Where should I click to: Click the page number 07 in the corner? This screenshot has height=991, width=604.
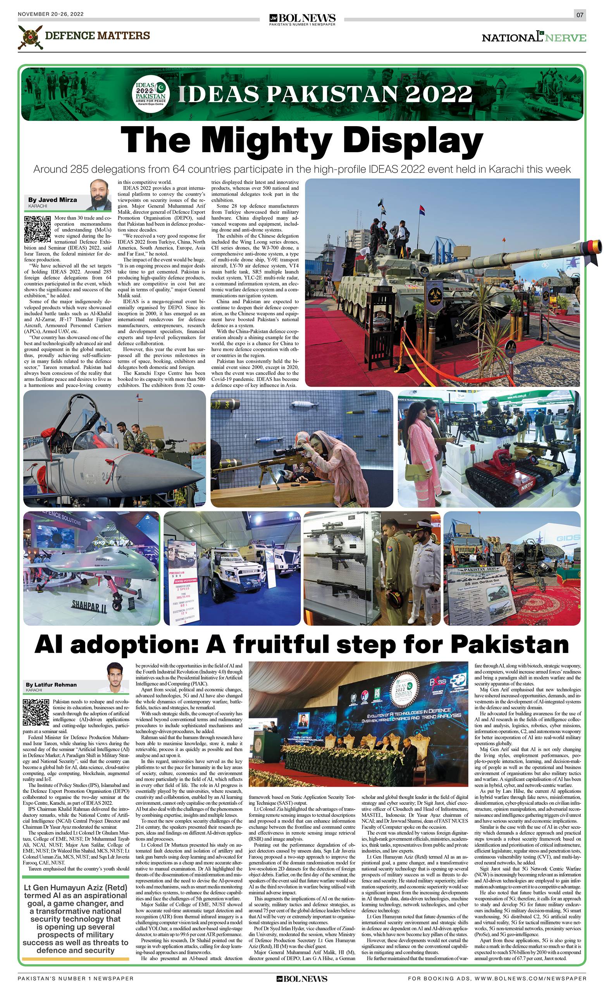coord(580,15)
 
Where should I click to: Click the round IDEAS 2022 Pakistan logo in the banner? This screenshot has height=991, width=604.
coord(150,94)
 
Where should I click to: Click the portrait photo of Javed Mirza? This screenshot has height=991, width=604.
coord(100,195)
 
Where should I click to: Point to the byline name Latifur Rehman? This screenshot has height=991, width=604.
coord(51,684)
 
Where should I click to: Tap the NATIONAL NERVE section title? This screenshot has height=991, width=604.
coord(533,38)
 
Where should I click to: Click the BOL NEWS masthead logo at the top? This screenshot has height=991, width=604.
coord(302,19)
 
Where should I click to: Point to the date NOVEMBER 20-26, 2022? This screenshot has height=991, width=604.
coord(51,14)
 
